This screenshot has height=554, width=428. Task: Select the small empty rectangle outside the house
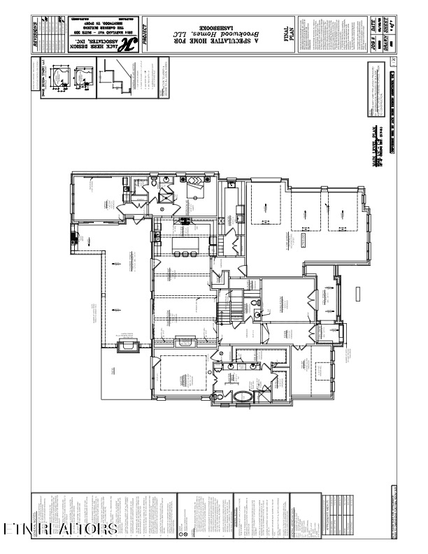(358, 294)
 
